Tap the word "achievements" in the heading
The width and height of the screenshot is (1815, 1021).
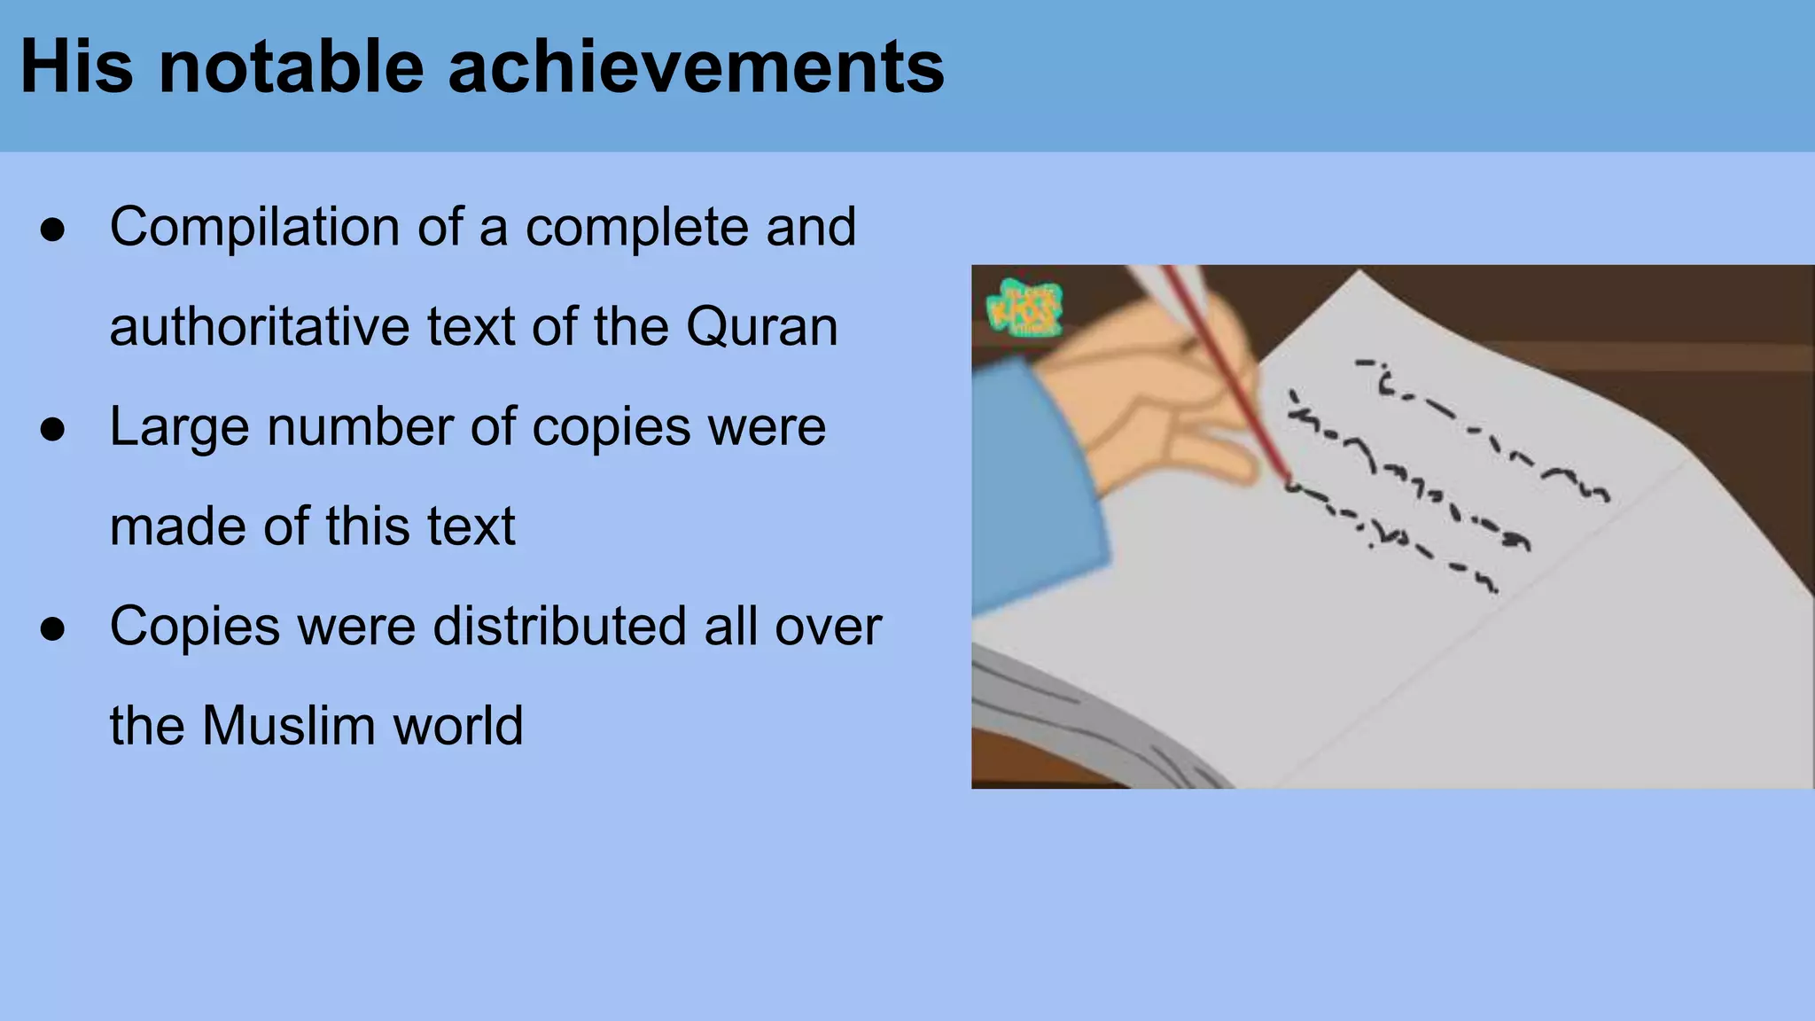click(x=697, y=67)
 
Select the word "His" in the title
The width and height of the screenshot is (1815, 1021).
click(x=76, y=67)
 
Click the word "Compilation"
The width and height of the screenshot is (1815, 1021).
click(x=254, y=227)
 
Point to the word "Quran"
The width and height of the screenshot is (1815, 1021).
click(x=761, y=326)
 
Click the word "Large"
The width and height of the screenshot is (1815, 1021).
click(x=179, y=427)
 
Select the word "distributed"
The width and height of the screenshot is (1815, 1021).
click(x=559, y=626)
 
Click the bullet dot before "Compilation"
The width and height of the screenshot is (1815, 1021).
click(x=53, y=230)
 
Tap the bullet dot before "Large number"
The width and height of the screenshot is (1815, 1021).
click(x=53, y=430)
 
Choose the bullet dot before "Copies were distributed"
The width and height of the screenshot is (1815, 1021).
click(x=53, y=628)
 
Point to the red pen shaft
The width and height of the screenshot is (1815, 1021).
click(x=1227, y=372)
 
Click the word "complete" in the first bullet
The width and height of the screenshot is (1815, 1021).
click(x=637, y=227)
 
